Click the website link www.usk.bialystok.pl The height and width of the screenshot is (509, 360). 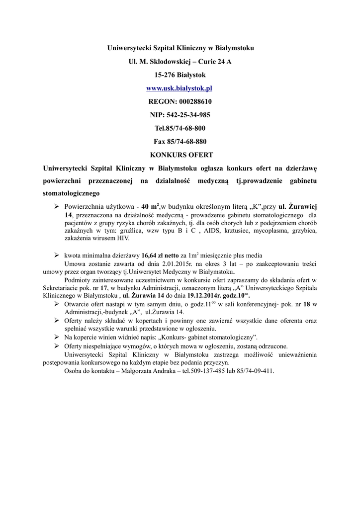180,88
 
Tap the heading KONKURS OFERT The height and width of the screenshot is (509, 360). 180,155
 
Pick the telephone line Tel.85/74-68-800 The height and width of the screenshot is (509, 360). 180,128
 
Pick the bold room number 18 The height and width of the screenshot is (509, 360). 307,304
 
